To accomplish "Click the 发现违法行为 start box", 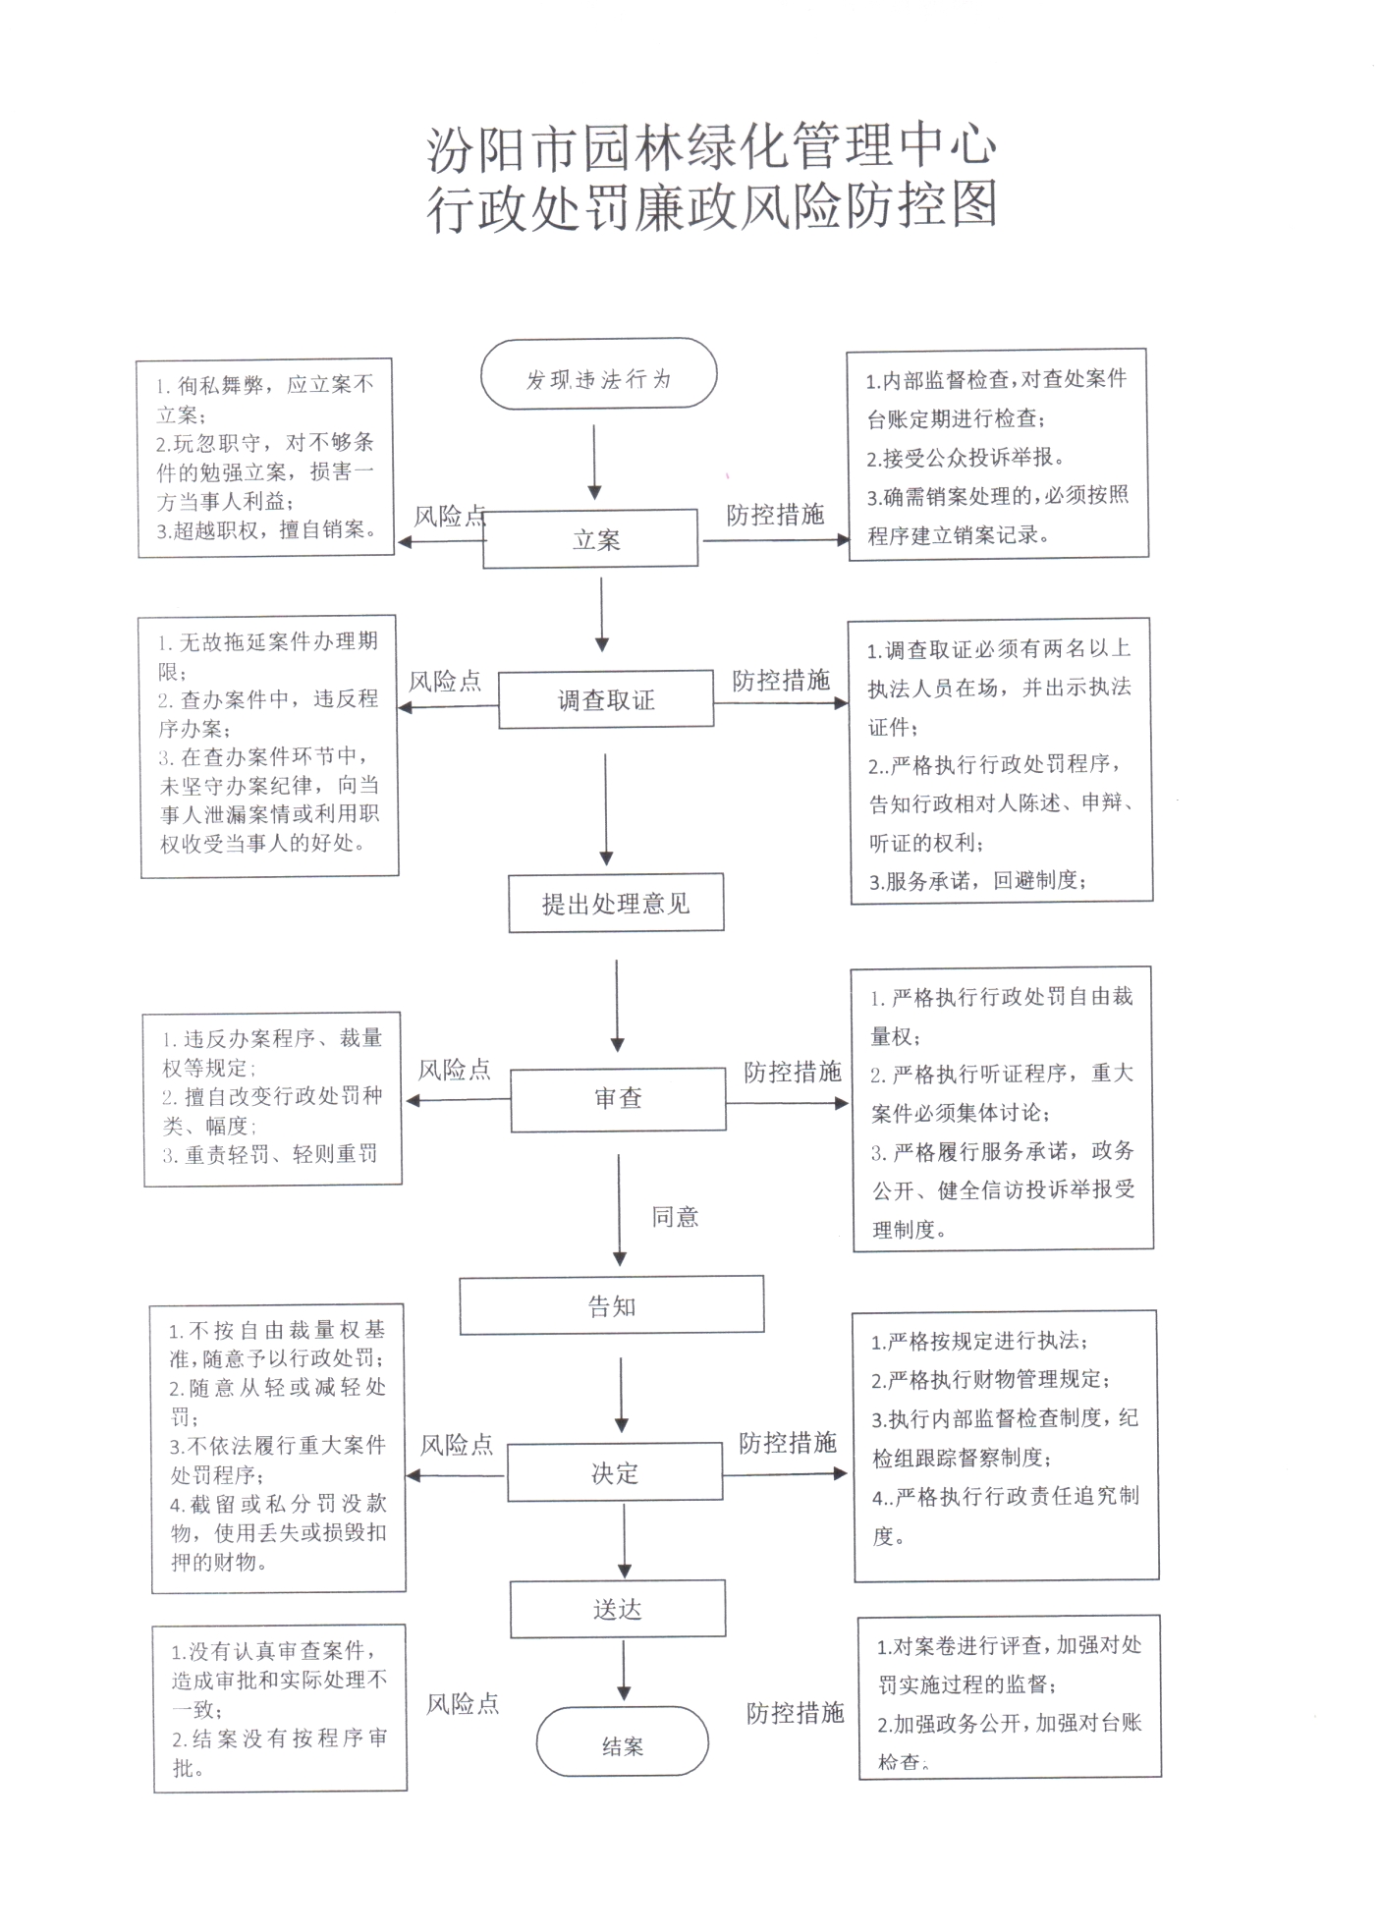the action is pos(598,373).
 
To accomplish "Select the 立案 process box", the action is pos(590,538).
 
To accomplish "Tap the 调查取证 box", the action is pos(606,699).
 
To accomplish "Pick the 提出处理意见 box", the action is pos(616,903).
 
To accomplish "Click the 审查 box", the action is pos(618,1100).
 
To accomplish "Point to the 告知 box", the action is pos(612,1305).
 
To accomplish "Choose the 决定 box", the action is pos(615,1472).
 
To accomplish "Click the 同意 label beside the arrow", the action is pos(676,1217).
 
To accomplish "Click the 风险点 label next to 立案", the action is pos(450,517).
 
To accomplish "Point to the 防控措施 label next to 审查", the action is pos(793,1072).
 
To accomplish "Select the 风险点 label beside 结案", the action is pos(463,1704).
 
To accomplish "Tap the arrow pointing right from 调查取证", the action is pos(781,703).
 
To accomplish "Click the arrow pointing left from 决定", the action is pos(456,1475).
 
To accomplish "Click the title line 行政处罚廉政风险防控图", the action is pos(712,205).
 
